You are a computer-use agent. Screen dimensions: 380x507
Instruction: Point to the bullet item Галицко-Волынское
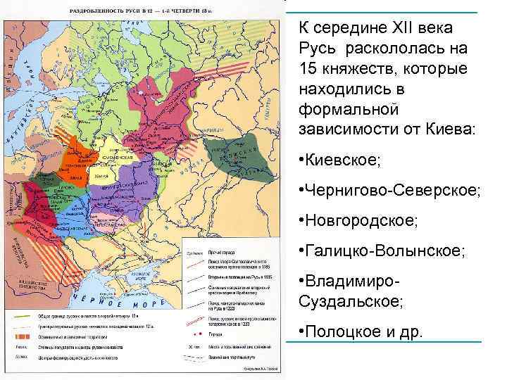pyautogui.click(x=380, y=251)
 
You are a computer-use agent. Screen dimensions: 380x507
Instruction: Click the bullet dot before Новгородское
pyautogui.click(x=301, y=222)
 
